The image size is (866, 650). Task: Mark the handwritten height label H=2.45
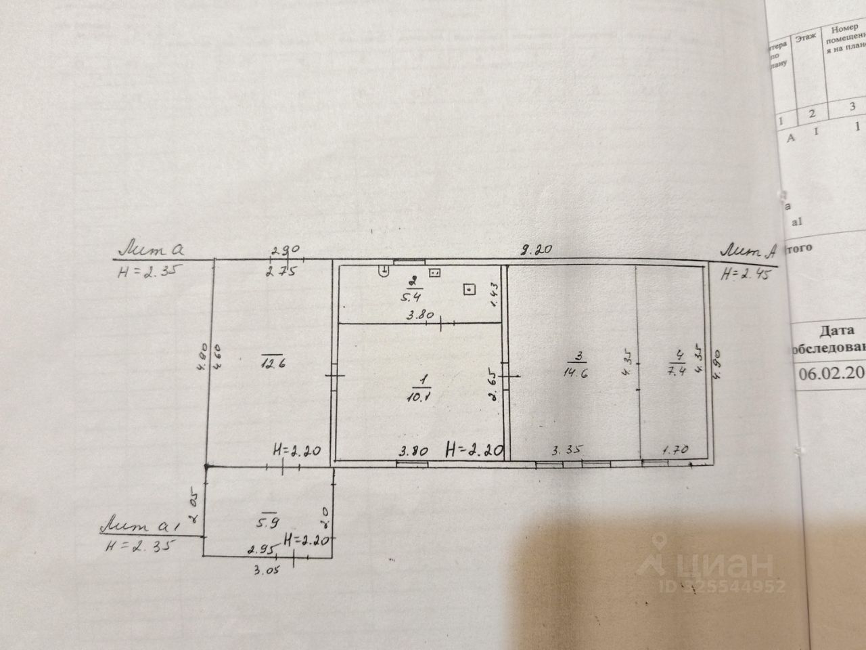click(x=744, y=274)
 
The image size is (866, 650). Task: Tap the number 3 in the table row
click(x=853, y=106)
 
